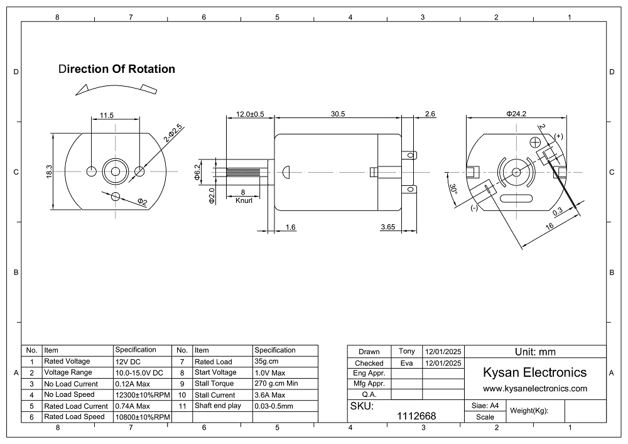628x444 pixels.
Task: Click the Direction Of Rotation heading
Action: coord(116,69)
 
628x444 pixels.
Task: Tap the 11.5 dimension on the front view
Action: coord(107,116)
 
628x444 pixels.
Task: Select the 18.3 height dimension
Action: coord(49,172)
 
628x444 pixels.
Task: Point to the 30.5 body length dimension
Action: coord(338,114)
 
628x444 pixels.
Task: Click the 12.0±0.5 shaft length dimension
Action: coord(250,114)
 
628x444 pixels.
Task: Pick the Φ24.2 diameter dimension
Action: coord(516,114)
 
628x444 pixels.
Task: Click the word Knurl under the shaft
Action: coord(244,201)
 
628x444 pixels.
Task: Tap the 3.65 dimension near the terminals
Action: coord(387,227)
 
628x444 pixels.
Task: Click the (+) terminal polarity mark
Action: coord(558,136)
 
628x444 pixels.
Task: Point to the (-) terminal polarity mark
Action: coord(474,208)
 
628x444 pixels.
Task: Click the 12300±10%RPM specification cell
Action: coord(143,395)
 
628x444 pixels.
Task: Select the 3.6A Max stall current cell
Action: coord(270,395)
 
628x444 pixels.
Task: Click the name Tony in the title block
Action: coord(406,351)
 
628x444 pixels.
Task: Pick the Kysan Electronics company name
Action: coord(534,372)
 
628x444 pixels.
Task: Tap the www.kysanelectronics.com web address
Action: coord(534,389)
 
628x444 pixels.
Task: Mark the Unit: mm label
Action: coord(534,352)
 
